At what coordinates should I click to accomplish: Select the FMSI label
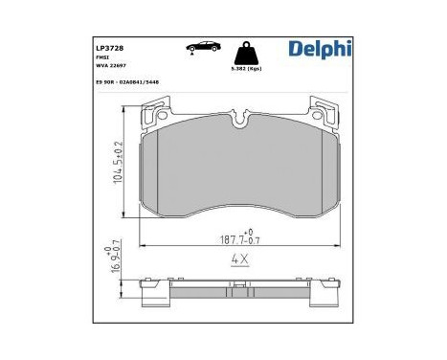point(101,56)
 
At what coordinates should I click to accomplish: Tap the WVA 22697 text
point(109,66)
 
